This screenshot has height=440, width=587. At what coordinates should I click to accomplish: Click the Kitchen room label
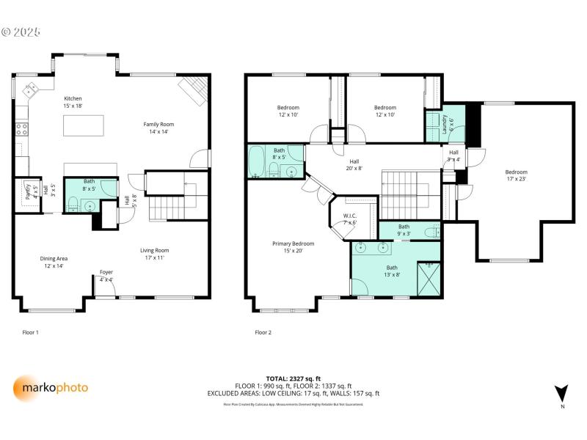(73, 102)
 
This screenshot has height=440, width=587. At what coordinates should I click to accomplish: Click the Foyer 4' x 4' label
(106, 276)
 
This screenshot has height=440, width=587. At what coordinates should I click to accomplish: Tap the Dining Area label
(54, 262)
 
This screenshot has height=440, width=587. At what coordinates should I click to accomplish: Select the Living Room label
(155, 254)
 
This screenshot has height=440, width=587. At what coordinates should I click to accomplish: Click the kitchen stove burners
(22, 129)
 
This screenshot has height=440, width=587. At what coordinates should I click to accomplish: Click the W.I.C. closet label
(350, 219)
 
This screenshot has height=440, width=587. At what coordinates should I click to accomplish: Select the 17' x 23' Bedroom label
(516, 175)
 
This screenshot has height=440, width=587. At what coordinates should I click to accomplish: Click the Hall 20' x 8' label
(354, 164)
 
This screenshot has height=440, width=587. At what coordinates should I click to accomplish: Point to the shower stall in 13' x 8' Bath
(429, 278)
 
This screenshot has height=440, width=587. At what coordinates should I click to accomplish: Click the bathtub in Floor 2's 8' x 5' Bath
(257, 162)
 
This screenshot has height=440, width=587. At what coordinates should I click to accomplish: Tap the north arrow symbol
(562, 393)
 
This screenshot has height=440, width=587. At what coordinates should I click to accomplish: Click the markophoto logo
(51, 387)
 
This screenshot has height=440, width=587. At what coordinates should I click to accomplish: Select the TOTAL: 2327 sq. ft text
(293, 378)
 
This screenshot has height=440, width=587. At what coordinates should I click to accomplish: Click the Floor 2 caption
(263, 332)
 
